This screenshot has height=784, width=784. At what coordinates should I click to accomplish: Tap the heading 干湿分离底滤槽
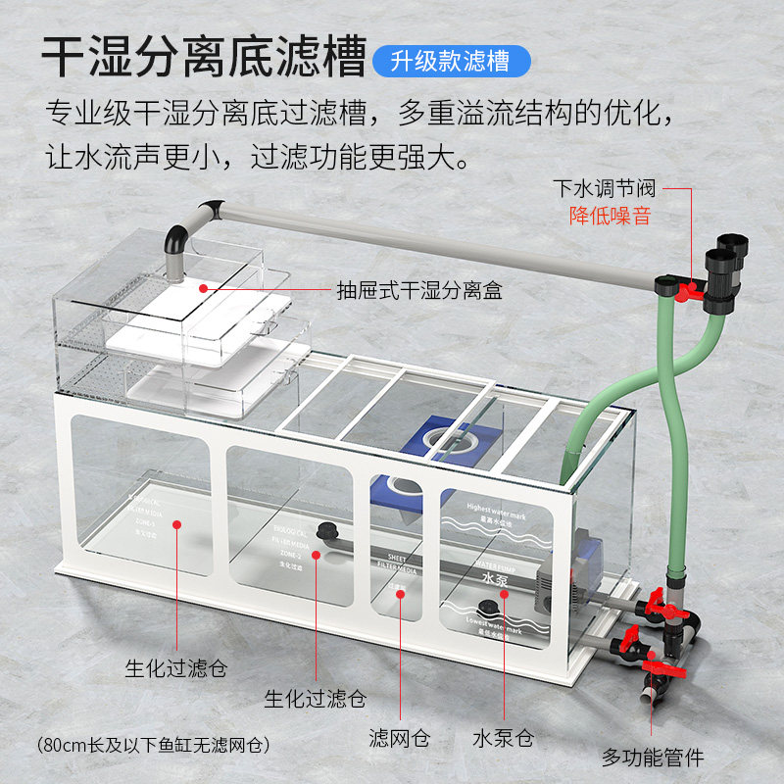204,58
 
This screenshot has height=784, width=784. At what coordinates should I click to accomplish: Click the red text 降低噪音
610,216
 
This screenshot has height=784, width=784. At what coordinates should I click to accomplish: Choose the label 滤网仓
399,739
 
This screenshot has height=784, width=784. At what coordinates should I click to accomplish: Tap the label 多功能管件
652,757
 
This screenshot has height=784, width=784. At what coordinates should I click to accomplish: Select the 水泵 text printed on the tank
495,578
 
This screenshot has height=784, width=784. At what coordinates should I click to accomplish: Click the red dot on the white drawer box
203,288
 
